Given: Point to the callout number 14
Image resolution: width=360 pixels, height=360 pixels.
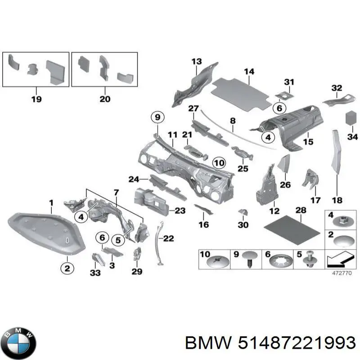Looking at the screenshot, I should click(249, 72).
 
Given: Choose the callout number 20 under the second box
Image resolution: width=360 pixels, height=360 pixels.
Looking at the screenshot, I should click(104, 99).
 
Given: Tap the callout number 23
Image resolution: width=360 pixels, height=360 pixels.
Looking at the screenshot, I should click(180, 210).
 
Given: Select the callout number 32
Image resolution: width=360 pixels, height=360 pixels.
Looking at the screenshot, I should click(337, 88).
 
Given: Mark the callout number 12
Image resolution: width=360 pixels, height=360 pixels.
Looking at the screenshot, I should click(274, 211).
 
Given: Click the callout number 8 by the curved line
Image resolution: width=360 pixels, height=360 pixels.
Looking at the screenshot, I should click(233, 121).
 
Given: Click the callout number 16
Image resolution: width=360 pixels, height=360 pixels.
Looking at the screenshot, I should click(203, 225).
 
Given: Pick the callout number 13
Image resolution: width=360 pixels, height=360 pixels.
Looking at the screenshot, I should click(197, 62).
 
